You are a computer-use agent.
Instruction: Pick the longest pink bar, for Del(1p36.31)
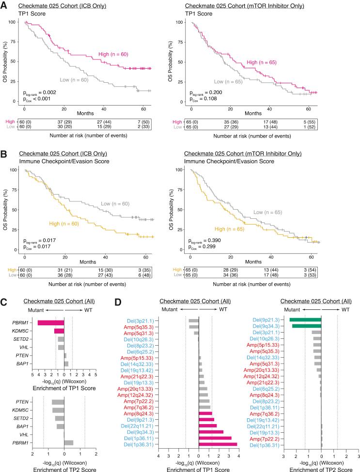(x=218, y=457)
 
